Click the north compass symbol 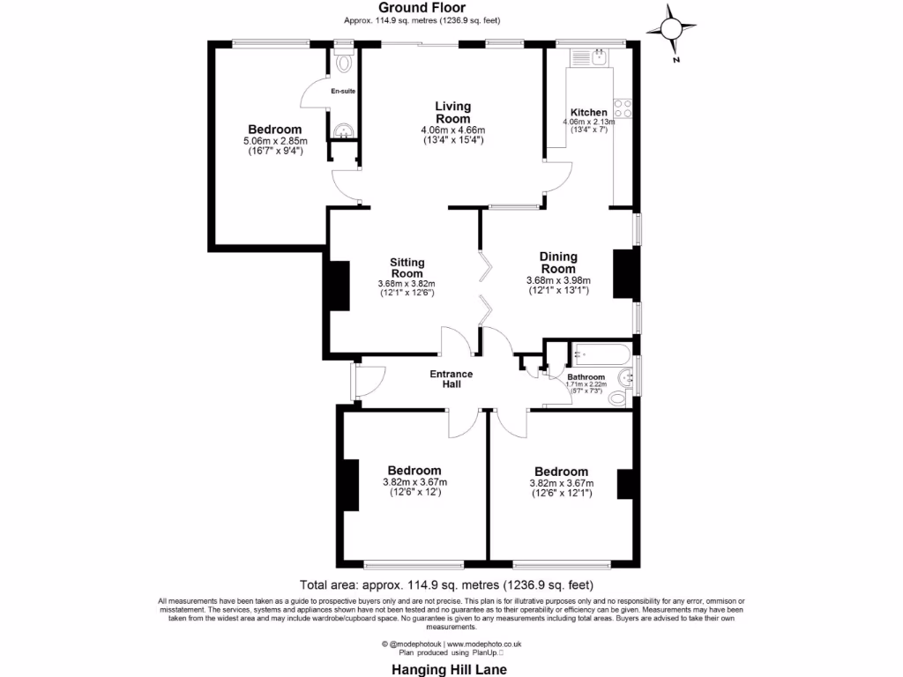[671, 31]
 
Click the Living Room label [452, 113]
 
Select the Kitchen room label [588, 112]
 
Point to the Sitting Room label [407, 268]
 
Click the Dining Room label [558, 263]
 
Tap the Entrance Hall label [451, 379]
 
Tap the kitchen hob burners [623, 108]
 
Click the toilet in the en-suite [343, 62]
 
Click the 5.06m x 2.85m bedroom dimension [274, 141]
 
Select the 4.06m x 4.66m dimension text [452, 130]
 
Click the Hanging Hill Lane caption [449, 669]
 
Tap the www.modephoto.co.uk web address [482, 644]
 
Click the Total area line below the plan [446, 584]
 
